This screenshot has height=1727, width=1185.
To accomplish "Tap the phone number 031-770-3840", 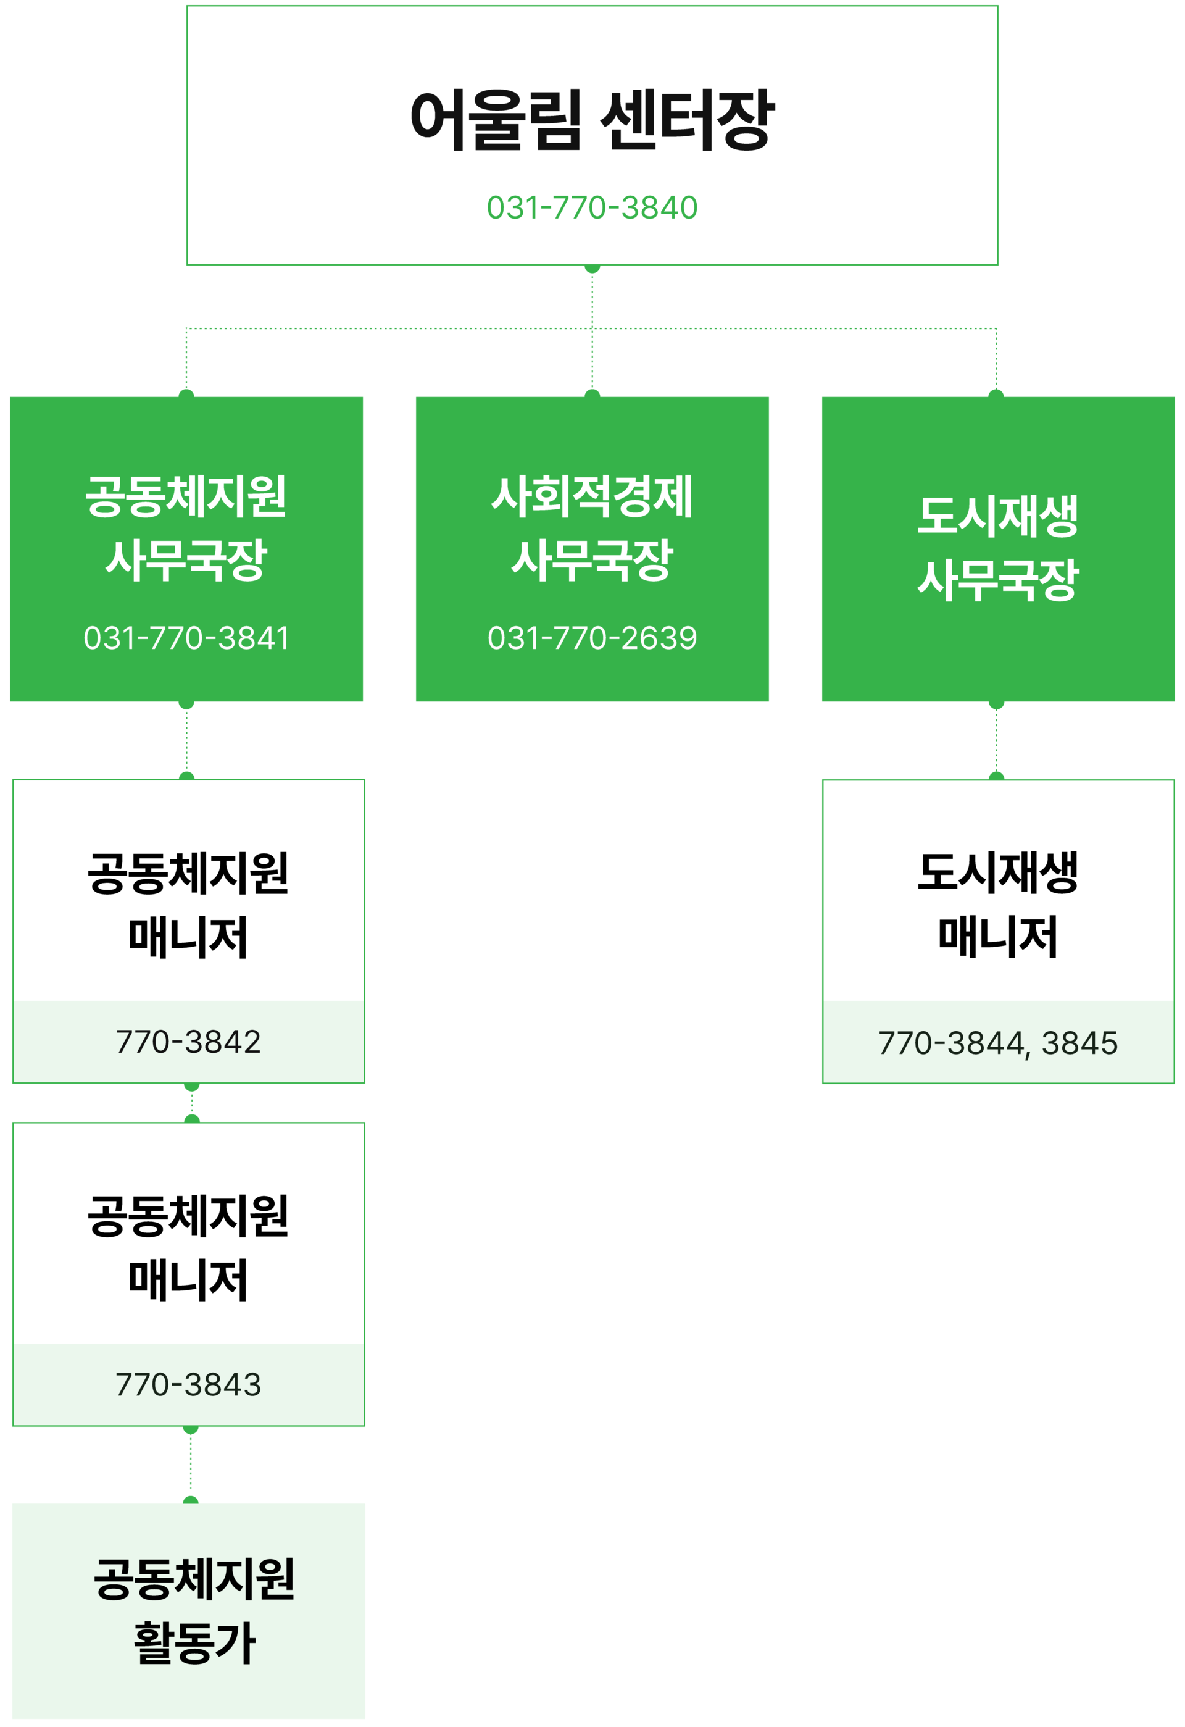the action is [x=592, y=208].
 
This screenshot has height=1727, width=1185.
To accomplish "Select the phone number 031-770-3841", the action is [x=186, y=638].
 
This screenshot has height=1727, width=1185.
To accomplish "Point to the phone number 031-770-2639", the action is [x=592, y=638].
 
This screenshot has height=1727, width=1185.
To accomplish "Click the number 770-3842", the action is [x=189, y=1042].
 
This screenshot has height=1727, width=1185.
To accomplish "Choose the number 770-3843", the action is [x=189, y=1384].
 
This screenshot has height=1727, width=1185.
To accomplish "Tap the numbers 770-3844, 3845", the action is [x=998, y=1043].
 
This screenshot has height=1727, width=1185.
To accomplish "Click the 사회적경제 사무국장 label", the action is [x=592, y=528].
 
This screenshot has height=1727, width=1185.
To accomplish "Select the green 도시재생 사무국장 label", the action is [x=998, y=548].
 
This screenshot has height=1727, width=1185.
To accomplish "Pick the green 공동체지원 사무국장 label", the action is [x=186, y=528].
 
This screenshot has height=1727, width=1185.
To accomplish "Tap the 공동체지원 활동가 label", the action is [x=193, y=1610].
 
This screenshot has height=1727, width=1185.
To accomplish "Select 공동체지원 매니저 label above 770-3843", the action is [x=189, y=1248].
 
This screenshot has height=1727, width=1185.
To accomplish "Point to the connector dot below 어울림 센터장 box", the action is [x=592, y=268].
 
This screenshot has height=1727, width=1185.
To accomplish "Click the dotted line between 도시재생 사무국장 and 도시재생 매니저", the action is [x=996, y=741].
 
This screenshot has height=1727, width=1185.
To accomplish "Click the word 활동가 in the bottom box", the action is [x=194, y=1643].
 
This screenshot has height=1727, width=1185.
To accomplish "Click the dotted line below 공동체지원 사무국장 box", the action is [x=186, y=741].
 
